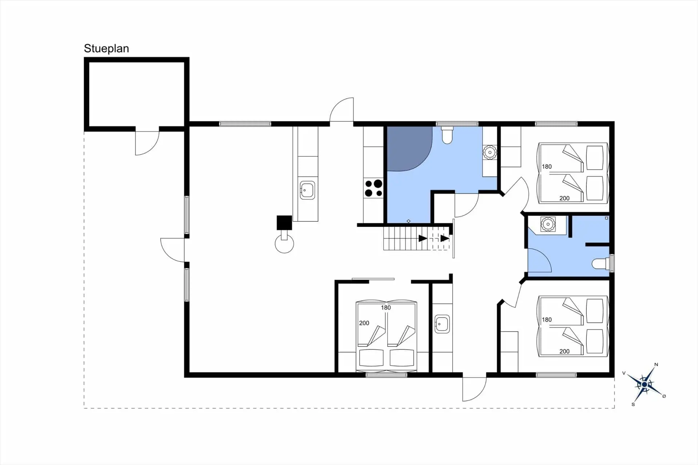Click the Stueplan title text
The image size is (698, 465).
(x=107, y=48)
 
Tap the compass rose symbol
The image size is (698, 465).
(x=645, y=384)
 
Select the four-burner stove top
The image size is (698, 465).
(x=374, y=188)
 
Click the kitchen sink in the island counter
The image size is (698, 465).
(x=307, y=190)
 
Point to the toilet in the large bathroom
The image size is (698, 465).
(x=447, y=135)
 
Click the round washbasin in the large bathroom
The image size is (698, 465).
(x=490, y=153)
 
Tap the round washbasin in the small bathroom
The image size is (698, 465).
(x=548, y=224)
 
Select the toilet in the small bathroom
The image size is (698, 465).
(x=600, y=263)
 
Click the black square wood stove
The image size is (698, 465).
(x=284, y=223)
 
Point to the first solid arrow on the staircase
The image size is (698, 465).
(x=423, y=238)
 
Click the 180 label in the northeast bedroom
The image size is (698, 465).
(x=547, y=167)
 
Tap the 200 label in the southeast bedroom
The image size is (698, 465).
(x=564, y=351)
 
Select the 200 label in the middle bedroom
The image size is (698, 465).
(x=364, y=323)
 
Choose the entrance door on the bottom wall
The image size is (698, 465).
(x=474, y=388)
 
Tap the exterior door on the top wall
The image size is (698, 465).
(x=342, y=110)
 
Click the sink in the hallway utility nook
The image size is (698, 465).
(x=442, y=323)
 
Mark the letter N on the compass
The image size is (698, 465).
(x=656, y=364)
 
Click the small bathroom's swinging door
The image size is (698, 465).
(x=539, y=260)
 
